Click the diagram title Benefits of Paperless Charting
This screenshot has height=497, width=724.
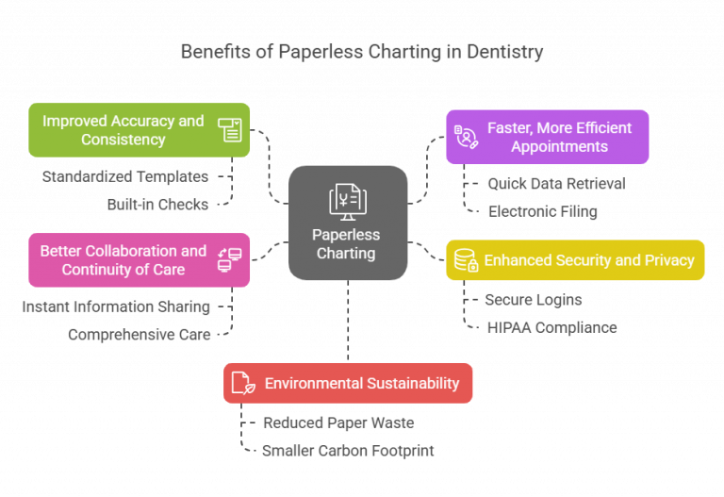click(x=362, y=52)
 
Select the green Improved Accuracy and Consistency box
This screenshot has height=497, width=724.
click(x=139, y=130)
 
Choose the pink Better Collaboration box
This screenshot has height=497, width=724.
click(x=139, y=260)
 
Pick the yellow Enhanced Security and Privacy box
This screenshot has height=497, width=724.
click(x=574, y=260)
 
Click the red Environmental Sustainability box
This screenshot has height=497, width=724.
click(x=347, y=383)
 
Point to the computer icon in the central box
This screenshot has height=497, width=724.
click(x=348, y=200)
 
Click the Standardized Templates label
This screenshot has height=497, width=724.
click(x=125, y=176)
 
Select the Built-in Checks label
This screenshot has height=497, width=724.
click(x=157, y=204)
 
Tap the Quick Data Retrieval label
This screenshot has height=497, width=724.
click(x=555, y=183)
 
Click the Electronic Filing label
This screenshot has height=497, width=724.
click(x=542, y=211)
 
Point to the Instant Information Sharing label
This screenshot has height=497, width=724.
click(x=115, y=306)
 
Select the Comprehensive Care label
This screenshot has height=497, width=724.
click(x=140, y=334)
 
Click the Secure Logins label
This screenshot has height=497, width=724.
click(x=533, y=300)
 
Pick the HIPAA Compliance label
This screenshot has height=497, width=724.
click(x=551, y=327)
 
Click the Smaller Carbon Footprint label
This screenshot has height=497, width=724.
click(x=347, y=451)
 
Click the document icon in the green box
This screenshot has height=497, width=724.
click(x=229, y=130)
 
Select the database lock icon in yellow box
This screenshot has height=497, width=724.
click(x=465, y=260)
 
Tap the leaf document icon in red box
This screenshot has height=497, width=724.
click(x=243, y=383)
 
